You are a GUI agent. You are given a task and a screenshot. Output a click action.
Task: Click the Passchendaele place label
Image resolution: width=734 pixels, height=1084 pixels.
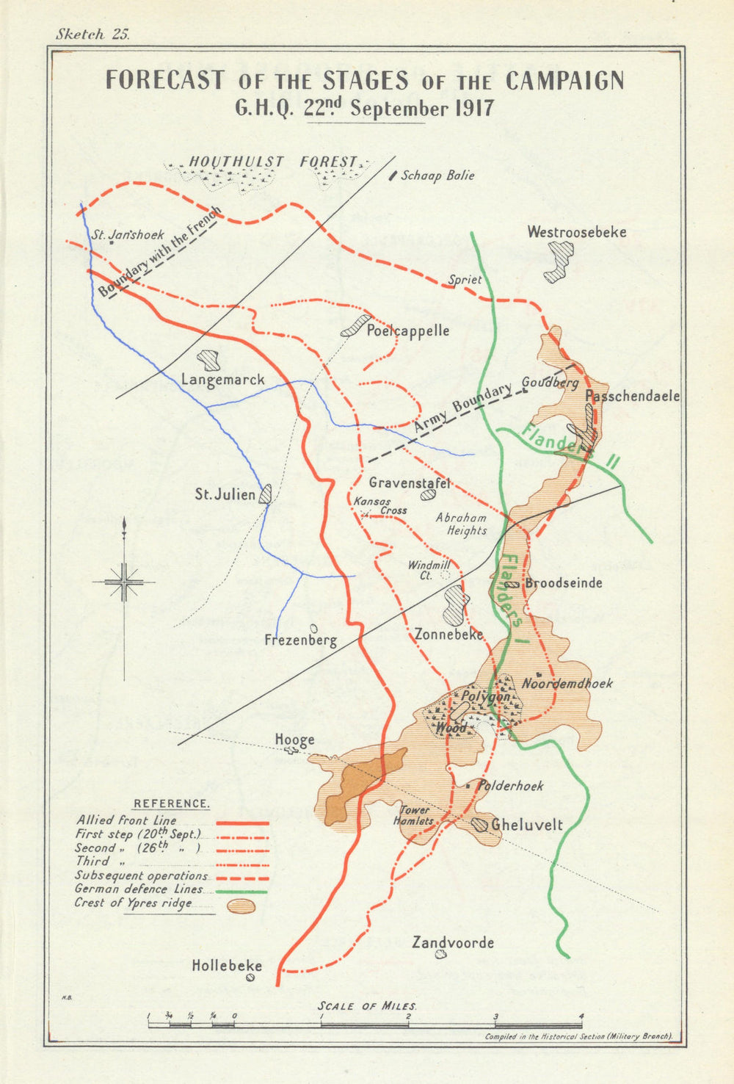tap(632, 396)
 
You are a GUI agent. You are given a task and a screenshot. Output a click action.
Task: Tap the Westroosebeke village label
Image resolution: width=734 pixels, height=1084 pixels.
tap(576, 232)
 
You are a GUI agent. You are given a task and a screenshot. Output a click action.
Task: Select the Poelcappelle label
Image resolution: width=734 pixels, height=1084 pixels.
tap(408, 330)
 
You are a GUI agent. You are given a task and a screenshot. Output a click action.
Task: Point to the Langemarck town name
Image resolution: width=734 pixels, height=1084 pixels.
tap(222, 380)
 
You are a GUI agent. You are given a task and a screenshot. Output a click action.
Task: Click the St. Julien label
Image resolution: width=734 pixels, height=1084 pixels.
tap(225, 494)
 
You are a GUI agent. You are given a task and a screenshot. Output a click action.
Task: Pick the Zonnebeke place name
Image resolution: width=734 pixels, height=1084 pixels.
tap(448, 635)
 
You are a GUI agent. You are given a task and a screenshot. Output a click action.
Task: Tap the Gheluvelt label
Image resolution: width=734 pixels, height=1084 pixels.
tap(526, 825)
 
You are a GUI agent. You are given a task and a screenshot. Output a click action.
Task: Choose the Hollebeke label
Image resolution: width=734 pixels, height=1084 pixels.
tap(227, 966)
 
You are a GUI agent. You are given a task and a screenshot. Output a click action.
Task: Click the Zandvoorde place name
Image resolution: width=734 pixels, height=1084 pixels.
tap(453, 942)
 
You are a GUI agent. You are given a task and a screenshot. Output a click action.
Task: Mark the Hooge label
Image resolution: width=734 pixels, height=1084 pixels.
tap(294, 740)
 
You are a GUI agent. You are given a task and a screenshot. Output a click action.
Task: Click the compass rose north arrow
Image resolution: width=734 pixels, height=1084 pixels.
tap(125, 529)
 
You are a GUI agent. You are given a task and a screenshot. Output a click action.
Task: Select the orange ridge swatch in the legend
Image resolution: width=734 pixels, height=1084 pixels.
tap(241, 906)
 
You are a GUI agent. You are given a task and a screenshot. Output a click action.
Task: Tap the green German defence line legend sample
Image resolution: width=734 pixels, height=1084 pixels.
tap(241, 890)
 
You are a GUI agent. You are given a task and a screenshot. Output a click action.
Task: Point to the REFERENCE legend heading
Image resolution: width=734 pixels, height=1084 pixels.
tap(171, 804)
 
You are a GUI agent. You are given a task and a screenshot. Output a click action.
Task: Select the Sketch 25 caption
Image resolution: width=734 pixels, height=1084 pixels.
tap(92, 35)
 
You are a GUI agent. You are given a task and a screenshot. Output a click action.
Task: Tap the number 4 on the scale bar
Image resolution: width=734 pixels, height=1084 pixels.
tap(581, 1017)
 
